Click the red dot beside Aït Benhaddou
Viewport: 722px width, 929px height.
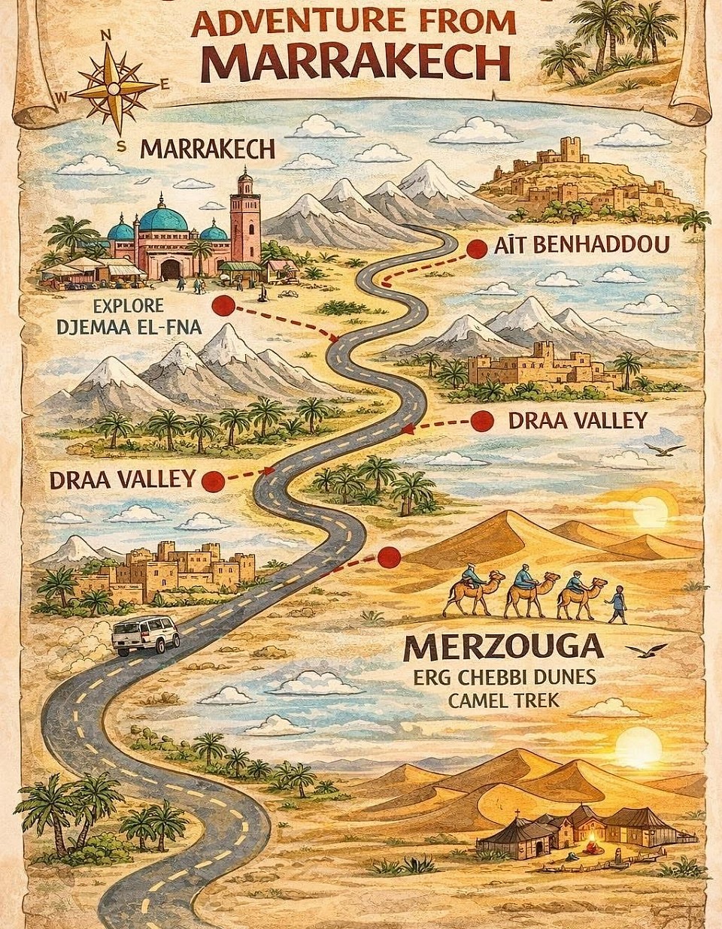coord(475,249)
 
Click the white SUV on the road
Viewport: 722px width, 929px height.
coord(146,635)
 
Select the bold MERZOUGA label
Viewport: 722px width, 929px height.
coord(503,645)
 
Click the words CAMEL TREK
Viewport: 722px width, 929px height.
coord(502,700)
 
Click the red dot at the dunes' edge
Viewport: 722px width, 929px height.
coord(388,557)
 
